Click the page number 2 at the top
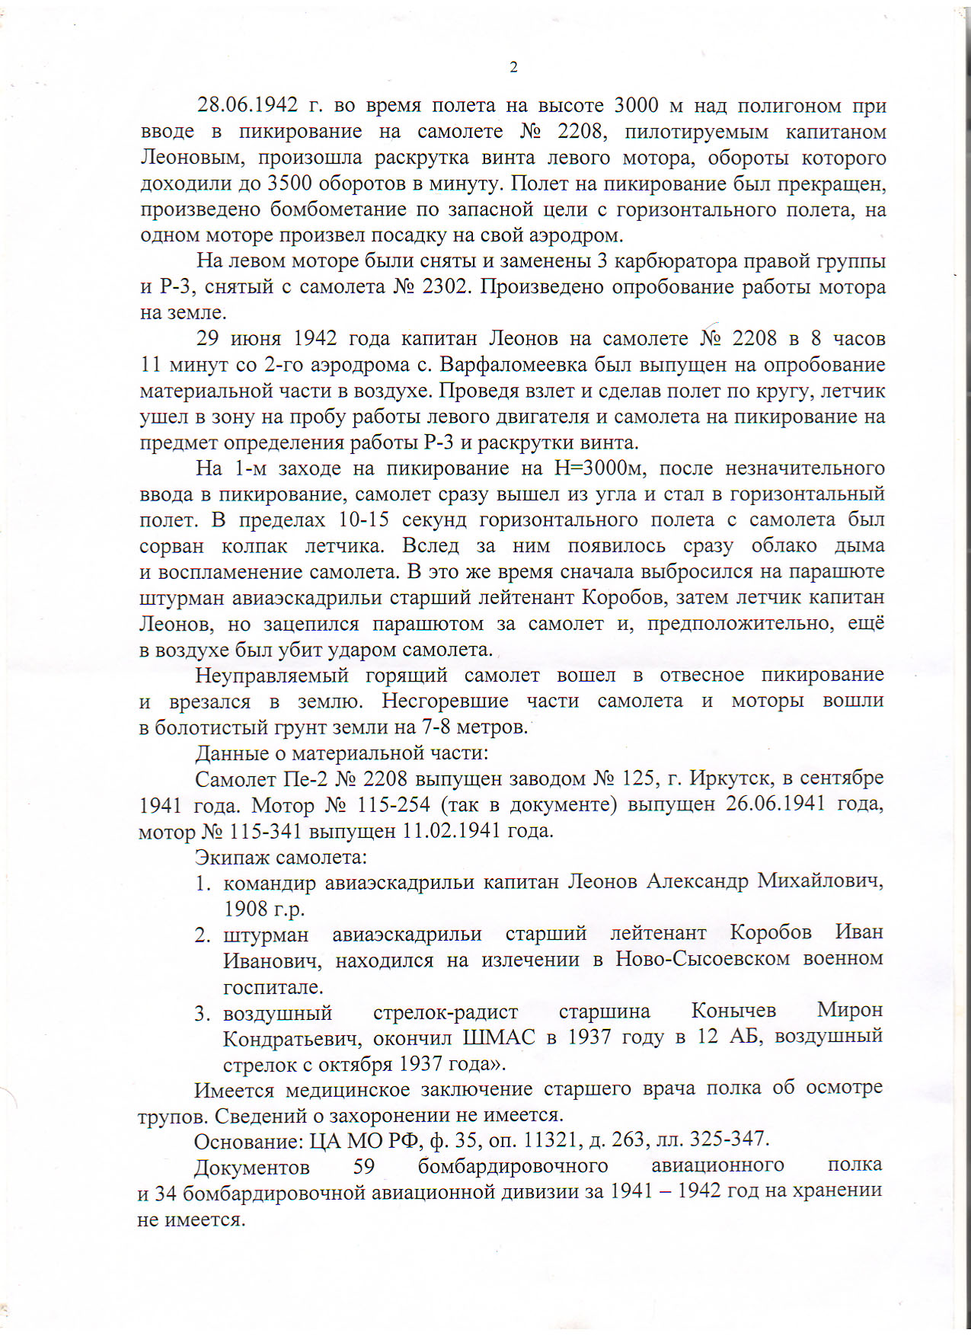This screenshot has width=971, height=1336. tap(513, 68)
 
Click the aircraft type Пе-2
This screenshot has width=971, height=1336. tap(304, 779)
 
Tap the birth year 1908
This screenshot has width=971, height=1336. tap(245, 909)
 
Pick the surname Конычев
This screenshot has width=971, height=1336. tap(733, 1011)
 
